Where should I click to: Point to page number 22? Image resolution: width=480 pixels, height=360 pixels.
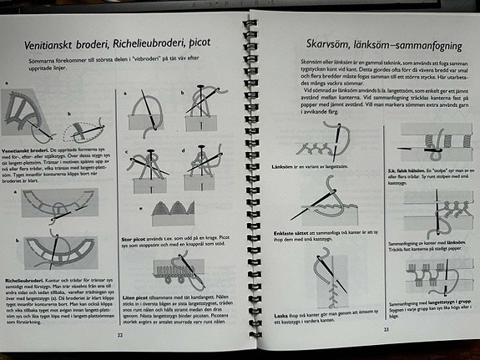coord(119,332)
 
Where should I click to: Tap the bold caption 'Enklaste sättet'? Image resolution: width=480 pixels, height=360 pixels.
coord(296,231)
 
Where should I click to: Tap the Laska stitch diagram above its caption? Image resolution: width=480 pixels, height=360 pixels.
coord(321,276)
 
